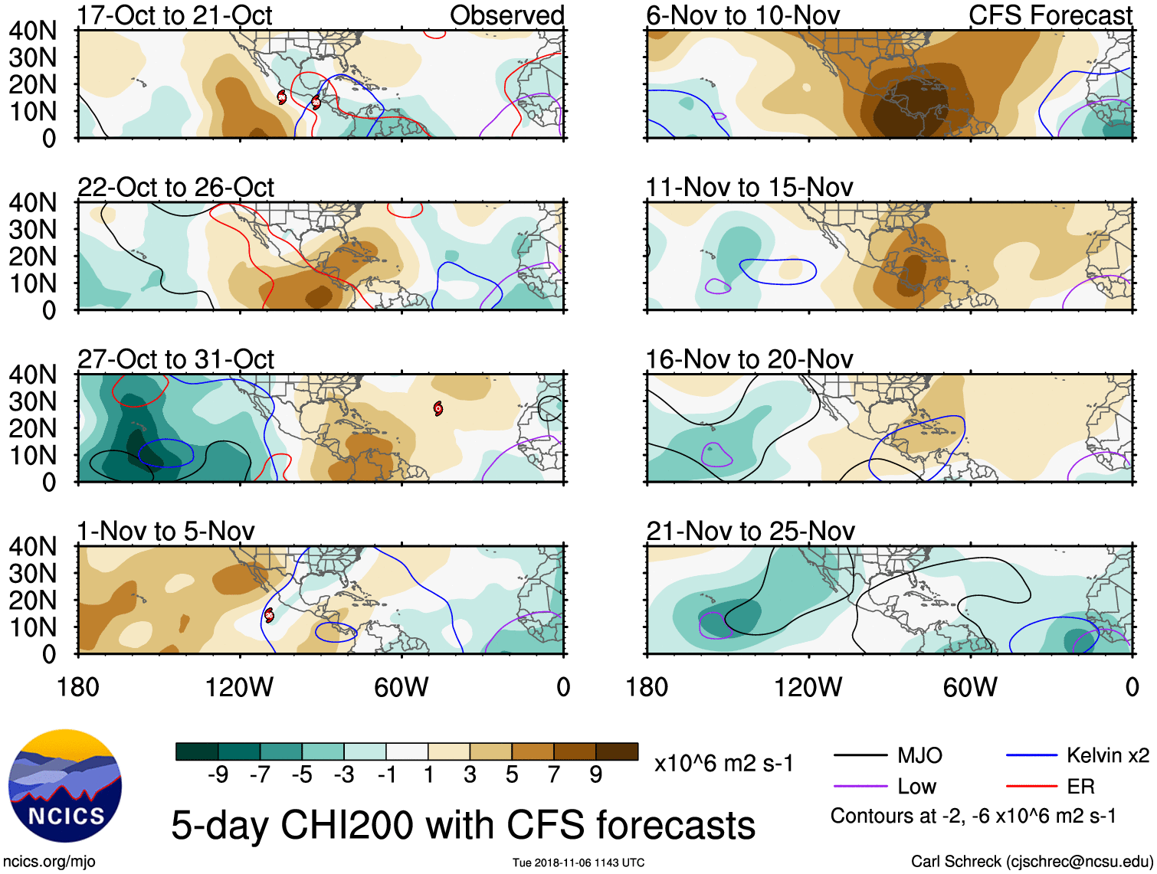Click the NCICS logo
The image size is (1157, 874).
[64, 786]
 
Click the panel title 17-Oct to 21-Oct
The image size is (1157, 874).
[175, 15]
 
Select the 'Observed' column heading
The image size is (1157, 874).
[506, 15]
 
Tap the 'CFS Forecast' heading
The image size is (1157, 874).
[1050, 15]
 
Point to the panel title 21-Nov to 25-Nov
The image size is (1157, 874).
[750, 531]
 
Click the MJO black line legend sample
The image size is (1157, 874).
[860, 756]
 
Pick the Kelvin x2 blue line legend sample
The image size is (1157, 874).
[1031, 756]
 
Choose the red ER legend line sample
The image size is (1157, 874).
[1031, 786]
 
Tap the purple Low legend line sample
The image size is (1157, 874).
[860, 786]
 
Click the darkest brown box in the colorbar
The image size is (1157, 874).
[617, 751]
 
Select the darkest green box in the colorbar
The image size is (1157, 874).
[197, 751]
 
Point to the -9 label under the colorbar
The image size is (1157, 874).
[218, 775]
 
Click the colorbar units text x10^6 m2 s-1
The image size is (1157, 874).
[724, 763]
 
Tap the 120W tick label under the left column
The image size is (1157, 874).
[239, 687]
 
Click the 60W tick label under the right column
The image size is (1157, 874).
[970, 687]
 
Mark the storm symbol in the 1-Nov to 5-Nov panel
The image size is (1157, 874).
[269, 614]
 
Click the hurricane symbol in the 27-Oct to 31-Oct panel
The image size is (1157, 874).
[438, 408]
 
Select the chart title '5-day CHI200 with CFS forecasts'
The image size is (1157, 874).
[463, 825]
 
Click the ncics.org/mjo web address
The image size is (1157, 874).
[49, 862]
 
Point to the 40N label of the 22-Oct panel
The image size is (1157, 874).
[32, 203]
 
